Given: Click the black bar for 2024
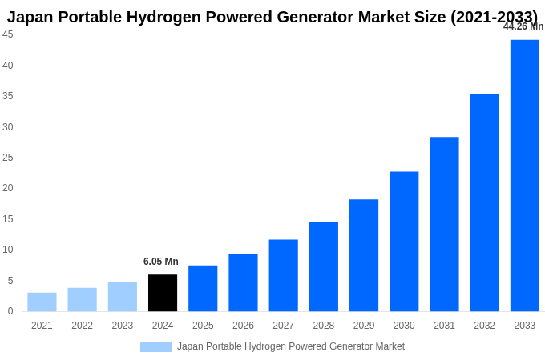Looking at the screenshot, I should [163, 293].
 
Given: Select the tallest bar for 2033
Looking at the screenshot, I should [525, 175].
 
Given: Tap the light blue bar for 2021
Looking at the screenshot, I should [42, 302].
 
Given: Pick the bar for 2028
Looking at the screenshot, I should [324, 266].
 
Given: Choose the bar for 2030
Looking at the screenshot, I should [404, 242].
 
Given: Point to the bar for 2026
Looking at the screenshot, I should [243, 282].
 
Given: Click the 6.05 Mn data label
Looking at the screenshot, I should [161, 262].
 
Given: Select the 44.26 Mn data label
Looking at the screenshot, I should [523, 26].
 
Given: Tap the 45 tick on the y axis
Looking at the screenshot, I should [8, 34].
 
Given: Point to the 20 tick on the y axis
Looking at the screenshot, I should [8, 188].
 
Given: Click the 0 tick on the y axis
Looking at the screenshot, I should [10, 311].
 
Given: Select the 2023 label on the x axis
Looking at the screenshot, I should [123, 326].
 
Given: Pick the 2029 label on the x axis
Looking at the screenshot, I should [364, 326].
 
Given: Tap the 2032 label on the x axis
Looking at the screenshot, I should [484, 326].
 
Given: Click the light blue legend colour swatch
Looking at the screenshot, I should [155, 347].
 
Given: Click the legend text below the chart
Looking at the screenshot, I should [291, 346].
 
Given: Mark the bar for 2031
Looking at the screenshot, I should [444, 224].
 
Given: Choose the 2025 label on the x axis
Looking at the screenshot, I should [203, 326].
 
